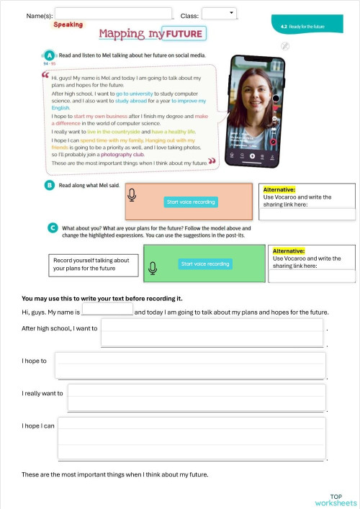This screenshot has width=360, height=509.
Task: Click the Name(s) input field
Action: (113, 14)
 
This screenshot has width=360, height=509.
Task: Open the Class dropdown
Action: (219, 14)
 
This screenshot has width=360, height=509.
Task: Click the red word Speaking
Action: (68, 24)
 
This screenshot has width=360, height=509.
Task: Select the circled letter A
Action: (49, 55)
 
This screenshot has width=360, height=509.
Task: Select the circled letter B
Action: (49, 185)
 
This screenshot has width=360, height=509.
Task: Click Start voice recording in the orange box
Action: (191, 202)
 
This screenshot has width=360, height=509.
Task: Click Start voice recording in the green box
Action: (205, 263)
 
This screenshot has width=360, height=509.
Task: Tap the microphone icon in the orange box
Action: (132, 195)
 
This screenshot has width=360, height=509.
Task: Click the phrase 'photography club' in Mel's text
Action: (123, 154)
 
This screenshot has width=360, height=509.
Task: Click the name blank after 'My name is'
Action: (107, 310)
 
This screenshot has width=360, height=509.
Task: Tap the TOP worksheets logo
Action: (336, 500)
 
